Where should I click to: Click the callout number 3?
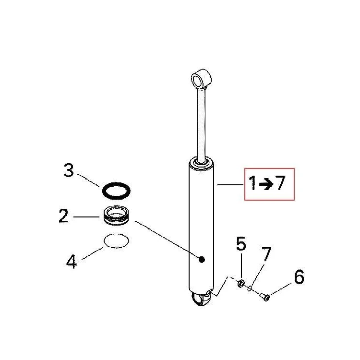tap(69, 170)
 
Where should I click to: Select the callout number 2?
tap(63, 216)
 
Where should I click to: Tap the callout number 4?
tap(72, 262)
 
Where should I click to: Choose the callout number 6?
tap(299, 276)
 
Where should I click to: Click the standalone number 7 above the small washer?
tap(266, 254)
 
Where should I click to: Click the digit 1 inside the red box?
tap(253, 183)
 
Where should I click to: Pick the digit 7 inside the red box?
tap(280, 183)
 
